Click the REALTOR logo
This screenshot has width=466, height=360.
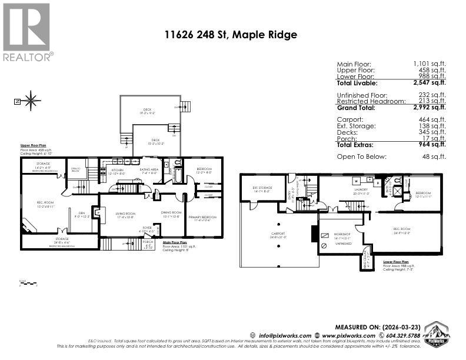pyautogui.click(x=27, y=32)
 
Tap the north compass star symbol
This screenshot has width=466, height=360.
pyautogui.click(x=31, y=101)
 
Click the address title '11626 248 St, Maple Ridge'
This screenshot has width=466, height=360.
pyautogui.click(x=231, y=35)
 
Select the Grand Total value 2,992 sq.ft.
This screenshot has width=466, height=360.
pyautogui.click(x=430, y=108)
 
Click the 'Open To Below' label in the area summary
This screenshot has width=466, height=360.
pyautogui.click(x=361, y=156)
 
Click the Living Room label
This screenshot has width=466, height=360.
pyautogui.click(x=125, y=215)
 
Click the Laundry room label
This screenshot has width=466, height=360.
pyautogui.click(x=361, y=190)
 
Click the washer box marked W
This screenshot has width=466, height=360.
pyautogui.click(x=357, y=181)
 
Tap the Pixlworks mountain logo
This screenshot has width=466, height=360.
pyautogui.click(x=437, y=334)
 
